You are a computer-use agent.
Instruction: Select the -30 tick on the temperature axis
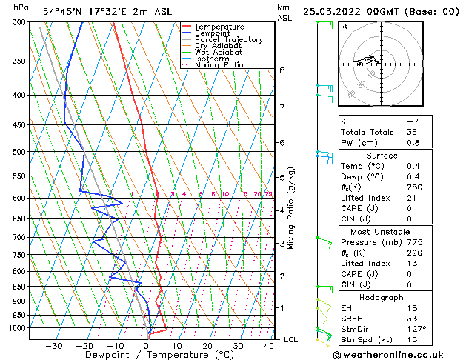click(x=53, y=345)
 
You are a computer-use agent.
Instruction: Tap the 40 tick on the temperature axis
click(x=268, y=345)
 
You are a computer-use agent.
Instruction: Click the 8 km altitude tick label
click(x=282, y=70)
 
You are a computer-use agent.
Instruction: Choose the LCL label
click(x=292, y=339)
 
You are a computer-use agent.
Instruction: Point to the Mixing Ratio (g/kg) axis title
click(x=292, y=208)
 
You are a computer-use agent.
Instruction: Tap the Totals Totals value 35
click(x=412, y=132)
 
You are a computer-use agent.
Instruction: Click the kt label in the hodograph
click(x=344, y=27)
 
